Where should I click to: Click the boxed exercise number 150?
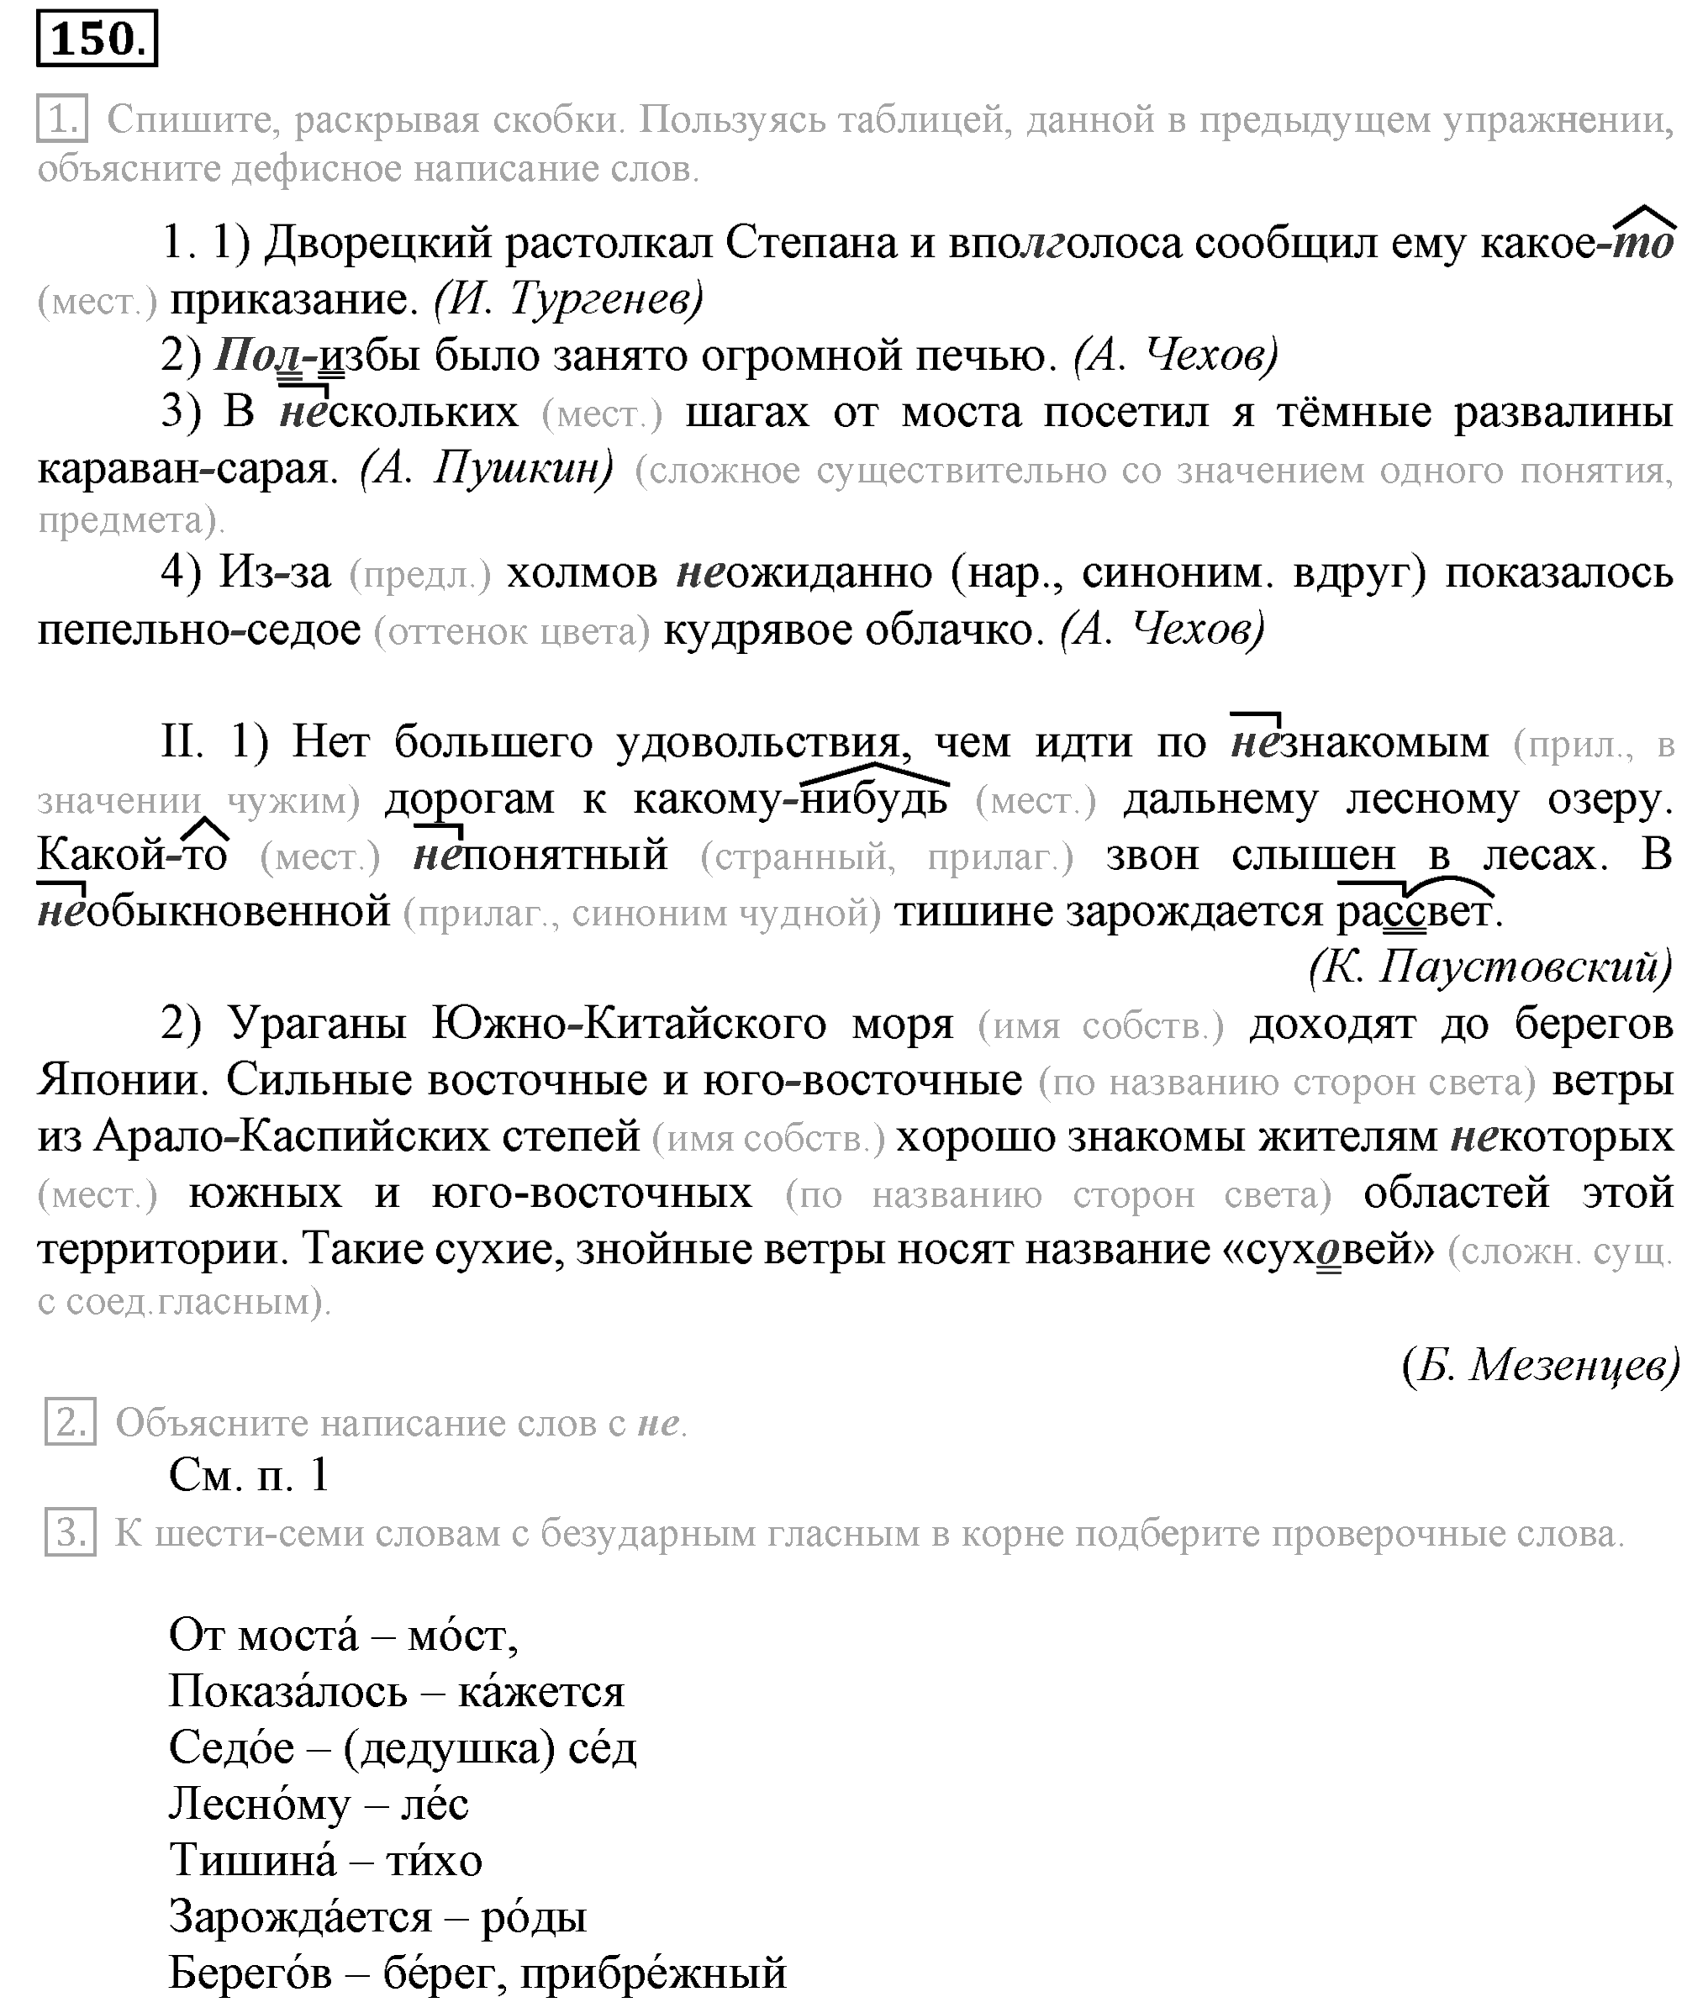(x=97, y=39)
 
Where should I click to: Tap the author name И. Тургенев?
(x=568, y=299)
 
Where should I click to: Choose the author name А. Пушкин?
(x=487, y=470)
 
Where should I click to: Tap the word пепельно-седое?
(x=198, y=630)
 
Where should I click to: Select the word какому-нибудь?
(x=790, y=800)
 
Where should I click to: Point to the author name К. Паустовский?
(x=1491, y=967)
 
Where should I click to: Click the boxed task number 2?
(x=71, y=1422)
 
